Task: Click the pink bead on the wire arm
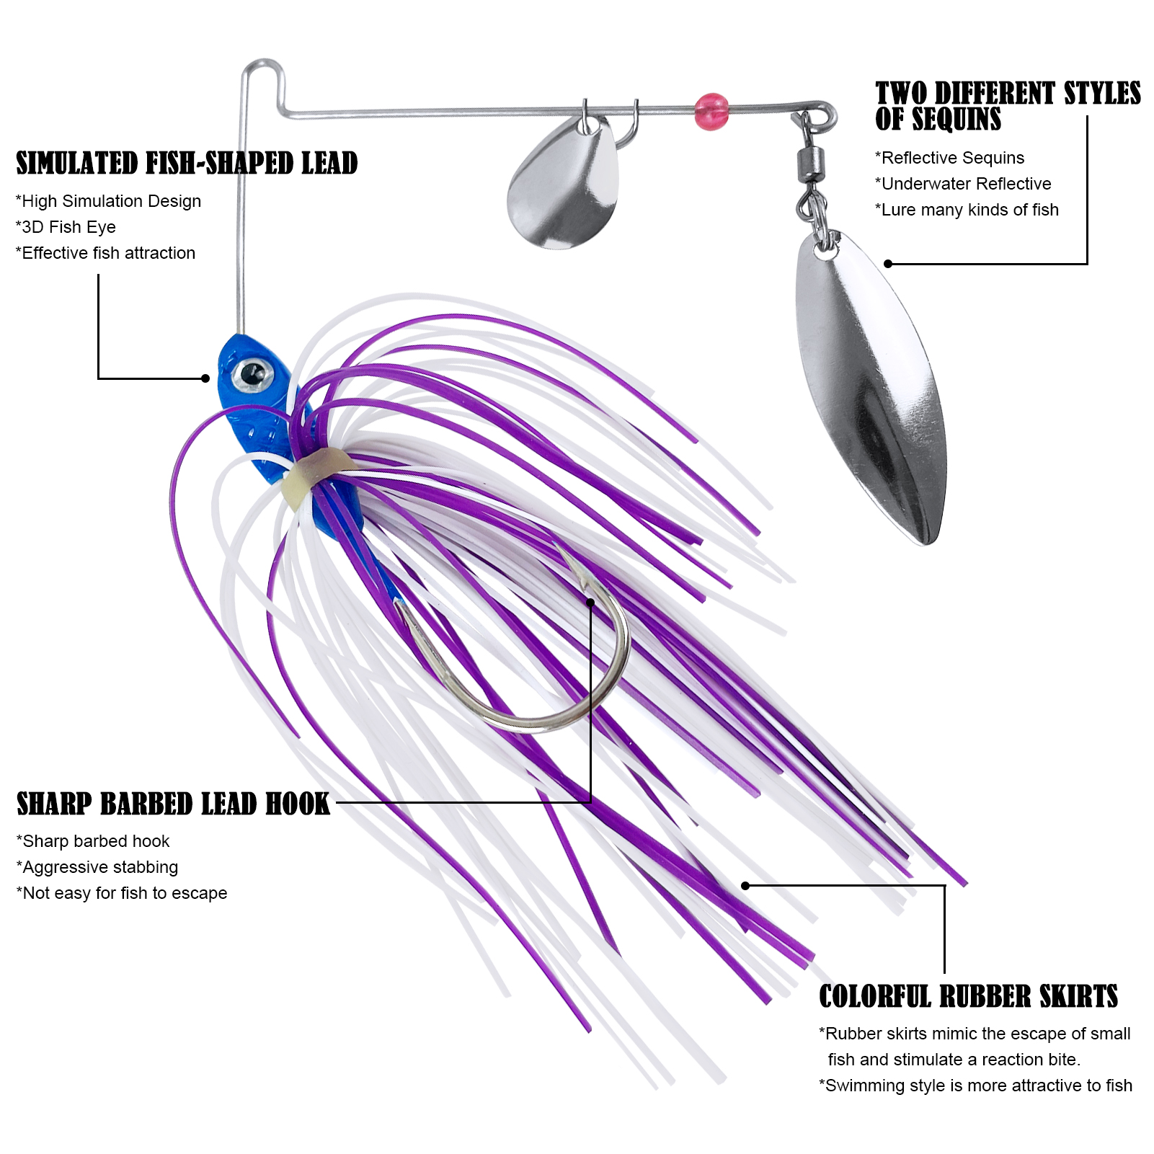click(x=712, y=112)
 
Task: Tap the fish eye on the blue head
click(x=252, y=373)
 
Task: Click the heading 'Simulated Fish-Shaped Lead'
click(x=187, y=164)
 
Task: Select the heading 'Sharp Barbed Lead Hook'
click(x=173, y=804)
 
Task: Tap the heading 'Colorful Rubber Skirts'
click(x=968, y=996)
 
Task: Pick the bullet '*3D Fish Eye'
click(x=66, y=227)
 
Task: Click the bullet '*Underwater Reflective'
click(x=963, y=184)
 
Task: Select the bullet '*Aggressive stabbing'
click(x=97, y=867)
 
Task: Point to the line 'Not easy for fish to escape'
click(x=122, y=893)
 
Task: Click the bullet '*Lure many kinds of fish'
click(x=967, y=210)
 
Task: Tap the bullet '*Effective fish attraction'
click(x=105, y=253)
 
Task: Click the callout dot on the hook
click(x=590, y=603)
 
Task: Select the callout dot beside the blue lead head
click(x=205, y=378)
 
